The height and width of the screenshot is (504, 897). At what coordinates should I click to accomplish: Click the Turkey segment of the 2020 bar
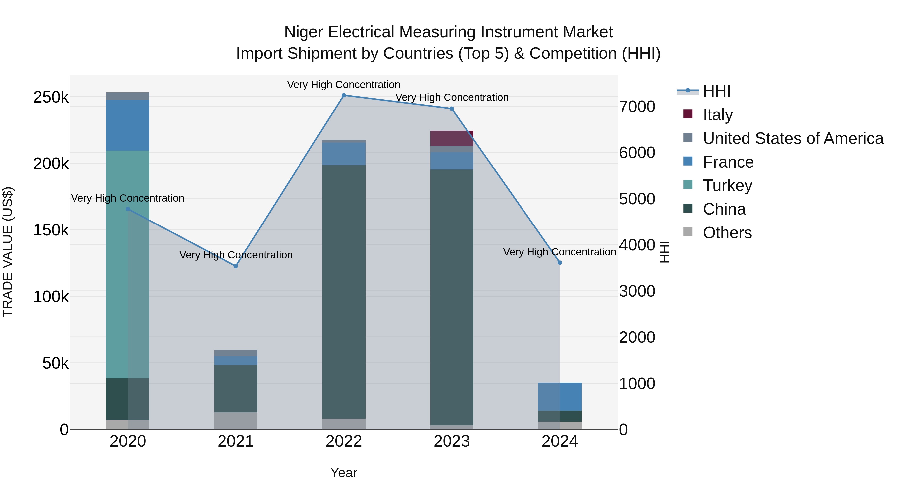[x=127, y=264]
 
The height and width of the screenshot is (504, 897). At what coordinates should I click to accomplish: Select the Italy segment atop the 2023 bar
[x=452, y=138]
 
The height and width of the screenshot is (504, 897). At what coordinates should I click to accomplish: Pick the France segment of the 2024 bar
[x=560, y=396]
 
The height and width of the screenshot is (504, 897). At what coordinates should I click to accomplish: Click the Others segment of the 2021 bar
[x=236, y=421]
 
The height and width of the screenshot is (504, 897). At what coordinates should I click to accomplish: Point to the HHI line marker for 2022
[x=344, y=95]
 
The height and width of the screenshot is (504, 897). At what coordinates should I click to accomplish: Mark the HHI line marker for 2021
[x=236, y=266]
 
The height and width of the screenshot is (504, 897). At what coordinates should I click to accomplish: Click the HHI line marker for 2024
[x=560, y=263]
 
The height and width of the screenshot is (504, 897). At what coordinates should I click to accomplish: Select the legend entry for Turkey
[x=727, y=185]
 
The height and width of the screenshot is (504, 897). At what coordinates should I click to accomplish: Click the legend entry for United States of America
[x=793, y=138]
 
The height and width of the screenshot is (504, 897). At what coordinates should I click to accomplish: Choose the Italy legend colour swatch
[x=688, y=114]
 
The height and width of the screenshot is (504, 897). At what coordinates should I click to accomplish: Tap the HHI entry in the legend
[x=716, y=91]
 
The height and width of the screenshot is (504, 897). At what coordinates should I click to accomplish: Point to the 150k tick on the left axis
[x=51, y=230]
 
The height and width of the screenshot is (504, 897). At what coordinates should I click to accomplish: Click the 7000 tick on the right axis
[x=637, y=107]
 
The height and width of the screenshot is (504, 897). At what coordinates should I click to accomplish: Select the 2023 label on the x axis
[x=452, y=441]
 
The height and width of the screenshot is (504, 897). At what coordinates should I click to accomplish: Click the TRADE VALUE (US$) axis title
[x=8, y=252]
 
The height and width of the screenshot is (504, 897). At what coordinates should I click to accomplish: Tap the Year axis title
[x=344, y=473]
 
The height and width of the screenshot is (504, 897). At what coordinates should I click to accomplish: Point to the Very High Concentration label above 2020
[x=127, y=198]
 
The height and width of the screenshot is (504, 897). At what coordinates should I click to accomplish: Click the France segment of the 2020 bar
[x=127, y=125]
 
